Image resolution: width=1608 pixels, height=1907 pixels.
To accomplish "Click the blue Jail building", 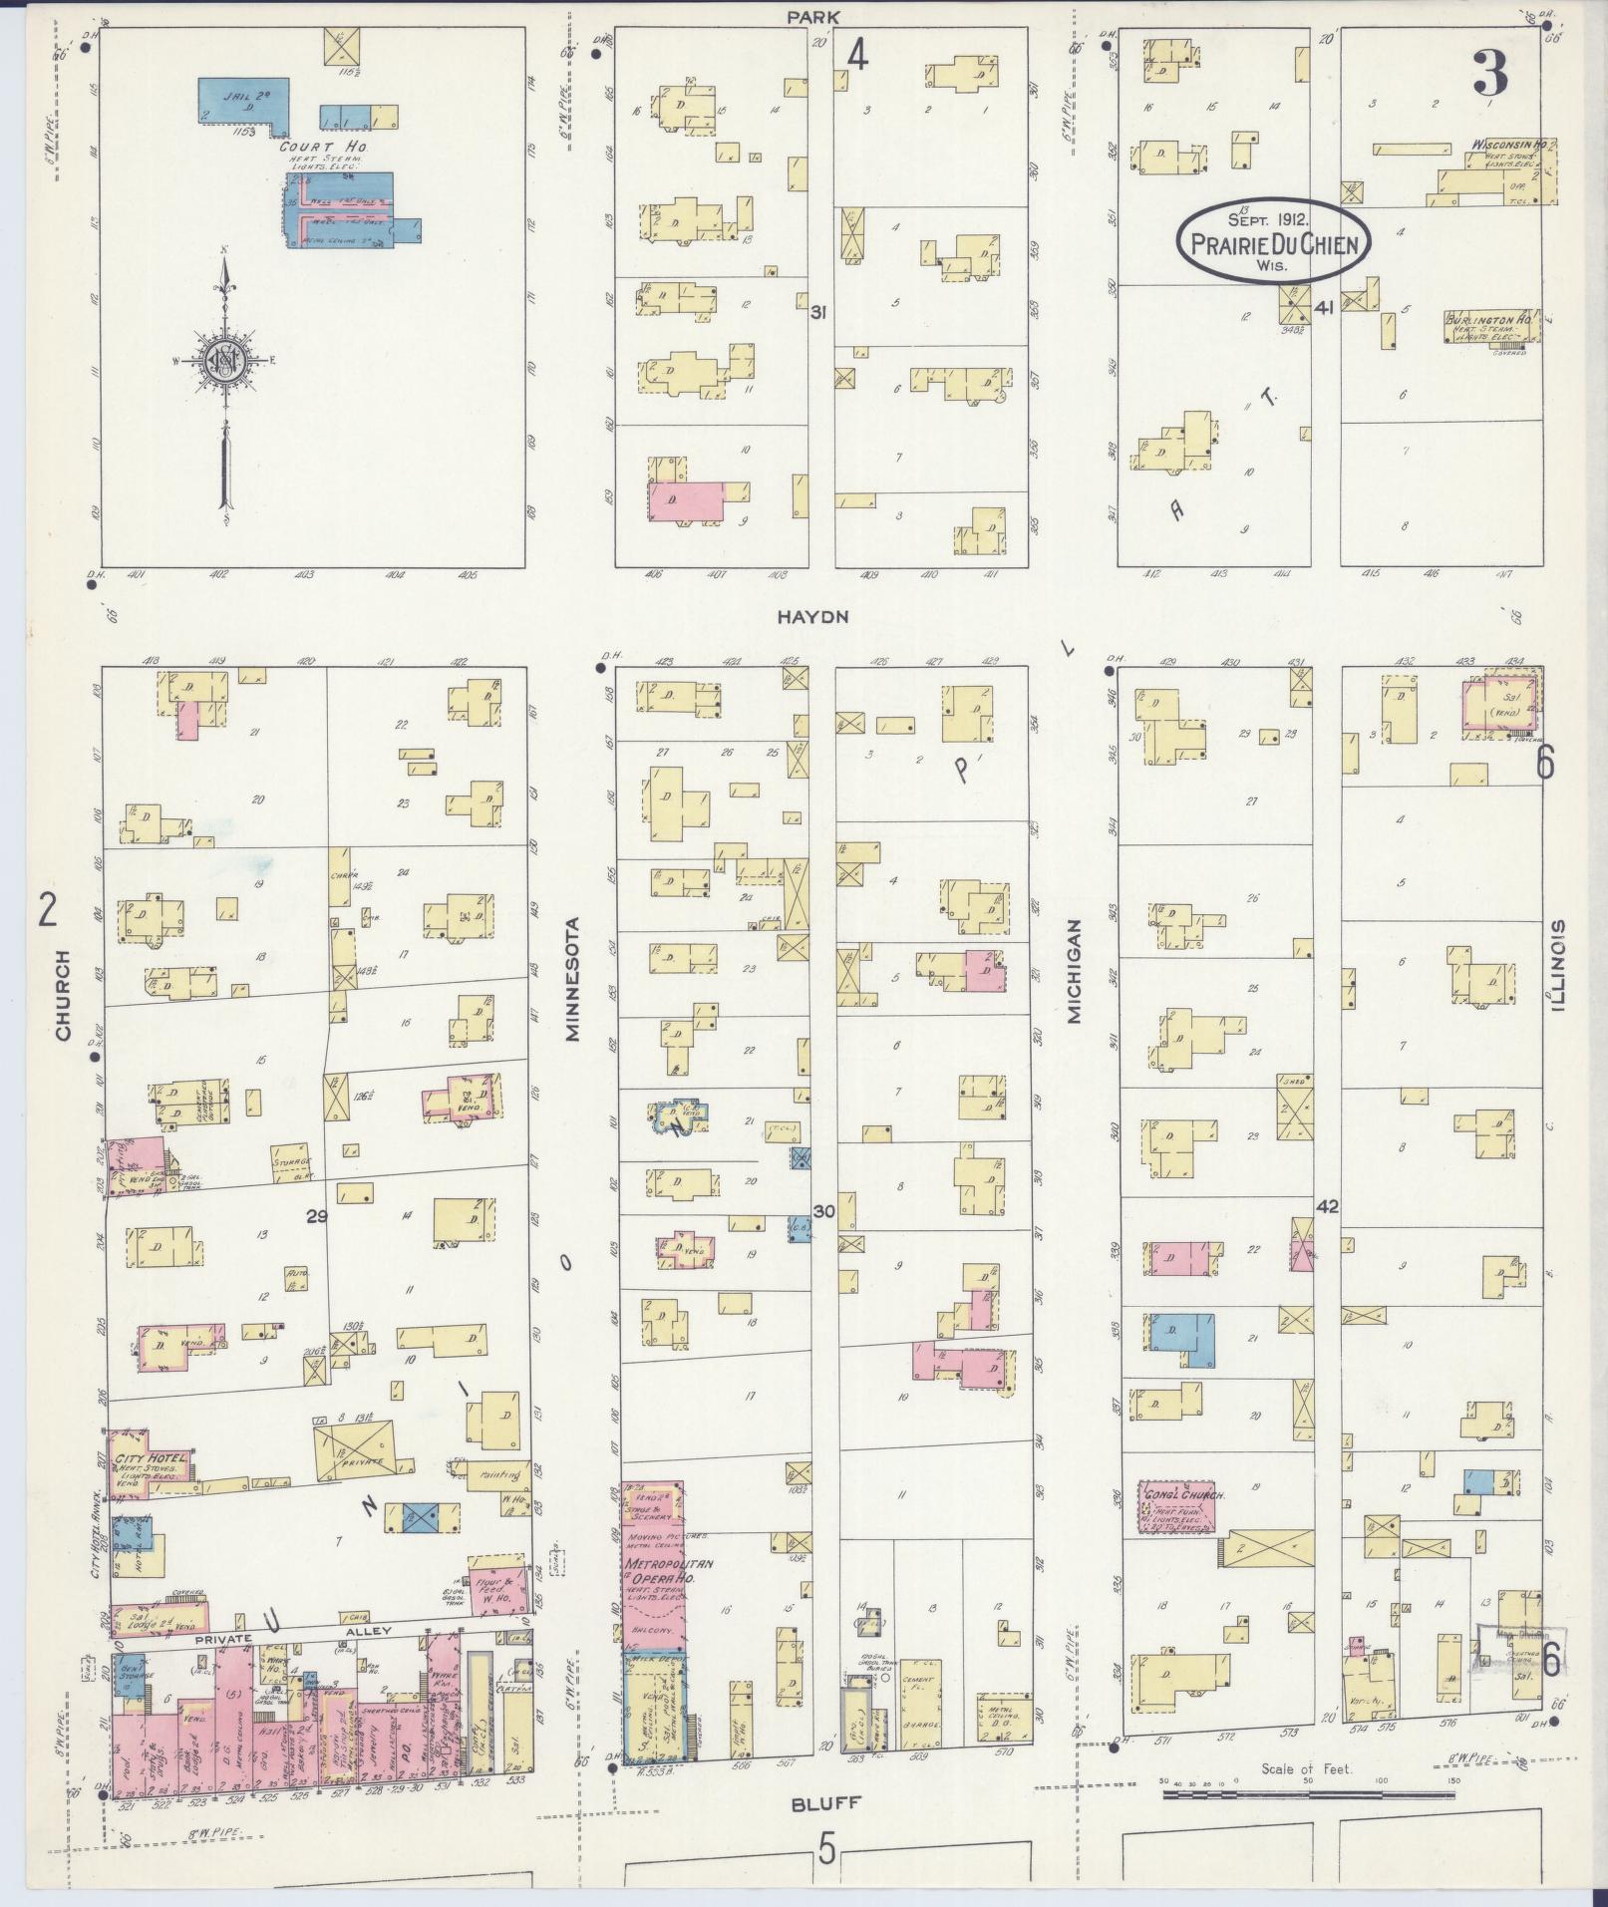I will point(244,100).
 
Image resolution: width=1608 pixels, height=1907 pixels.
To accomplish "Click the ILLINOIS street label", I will point(1557,964).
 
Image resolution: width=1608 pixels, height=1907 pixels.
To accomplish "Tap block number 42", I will point(1326,1207).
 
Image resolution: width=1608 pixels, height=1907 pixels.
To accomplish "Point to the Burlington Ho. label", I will point(1488,321).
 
